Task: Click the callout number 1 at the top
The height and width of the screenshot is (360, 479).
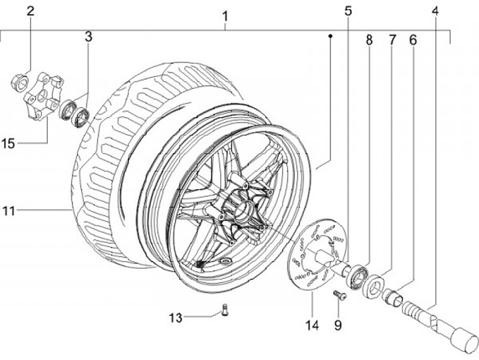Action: point(225,17)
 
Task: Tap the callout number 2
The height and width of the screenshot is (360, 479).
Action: point(30,11)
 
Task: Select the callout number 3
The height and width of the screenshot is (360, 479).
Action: point(88,37)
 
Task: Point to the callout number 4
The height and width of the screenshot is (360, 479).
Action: point(435,11)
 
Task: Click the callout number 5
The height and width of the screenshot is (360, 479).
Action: point(348,11)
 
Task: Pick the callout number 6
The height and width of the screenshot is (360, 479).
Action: point(412,40)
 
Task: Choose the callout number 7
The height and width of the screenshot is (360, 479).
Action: point(393,40)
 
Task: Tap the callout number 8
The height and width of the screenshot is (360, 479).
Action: point(369,40)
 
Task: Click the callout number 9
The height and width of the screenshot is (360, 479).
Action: point(337,325)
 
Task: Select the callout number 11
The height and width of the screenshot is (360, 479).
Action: point(9,211)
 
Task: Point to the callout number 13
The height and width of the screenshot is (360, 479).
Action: point(176,318)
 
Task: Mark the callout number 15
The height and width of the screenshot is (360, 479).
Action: point(8,144)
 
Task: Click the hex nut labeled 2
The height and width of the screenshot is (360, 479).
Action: point(19,82)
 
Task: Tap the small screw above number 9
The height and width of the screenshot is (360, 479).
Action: point(339,295)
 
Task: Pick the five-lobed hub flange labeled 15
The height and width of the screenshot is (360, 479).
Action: point(43,95)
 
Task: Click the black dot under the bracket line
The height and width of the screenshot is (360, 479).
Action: point(330,36)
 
